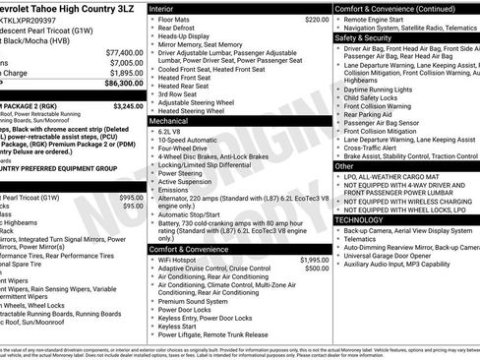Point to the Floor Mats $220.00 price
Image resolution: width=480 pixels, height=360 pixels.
tap(317, 19)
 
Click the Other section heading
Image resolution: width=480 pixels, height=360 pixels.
tap(344, 166)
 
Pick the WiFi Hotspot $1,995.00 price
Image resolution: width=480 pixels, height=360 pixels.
tap(314, 260)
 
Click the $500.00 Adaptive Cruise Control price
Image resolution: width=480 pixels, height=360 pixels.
tap(317, 269)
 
